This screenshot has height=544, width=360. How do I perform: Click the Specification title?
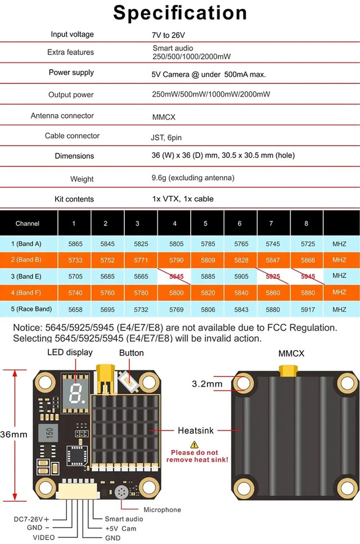pyautogui.click(x=180, y=13)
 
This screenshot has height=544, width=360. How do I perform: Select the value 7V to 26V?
pyautogui.click(x=168, y=35)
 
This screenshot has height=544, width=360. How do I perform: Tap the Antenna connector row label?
pyautogui.click(x=62, y=116)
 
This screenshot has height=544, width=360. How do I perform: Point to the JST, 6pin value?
pyautogui.click(x=166, y=138)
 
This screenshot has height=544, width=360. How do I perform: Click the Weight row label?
pyautogui.click(x=82, y=179)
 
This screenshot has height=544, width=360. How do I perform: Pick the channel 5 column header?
pyautogui.click(x=205, y=224)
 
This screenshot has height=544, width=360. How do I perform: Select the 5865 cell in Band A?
pyautogui.click(x=75, y=244)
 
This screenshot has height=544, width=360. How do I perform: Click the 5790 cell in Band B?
pyautogui.click(x=177, y=260)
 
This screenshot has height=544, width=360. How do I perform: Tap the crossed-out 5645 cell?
pyautogui.click(x=177, y=276)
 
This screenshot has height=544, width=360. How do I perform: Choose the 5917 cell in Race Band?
pyautogui.click(x=308, y=310)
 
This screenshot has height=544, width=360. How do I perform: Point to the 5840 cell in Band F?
pyautogui.click(x=241, y=293)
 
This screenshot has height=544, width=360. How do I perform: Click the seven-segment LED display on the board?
pyautogui.click(x=75, y=393)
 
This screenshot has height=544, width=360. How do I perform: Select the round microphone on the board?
pyautogui.click(x=121, y=492)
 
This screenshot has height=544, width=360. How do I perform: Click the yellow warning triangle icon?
pyautogui.click(x=195, y=445)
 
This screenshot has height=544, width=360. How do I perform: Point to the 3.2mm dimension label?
pyautogui.click(x=207, y=384)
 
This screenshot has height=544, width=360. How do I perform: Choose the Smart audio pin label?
pyautogui.click(x=124, y=519)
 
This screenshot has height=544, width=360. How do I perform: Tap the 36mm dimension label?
pyautogui.click(x=13, y=434)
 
